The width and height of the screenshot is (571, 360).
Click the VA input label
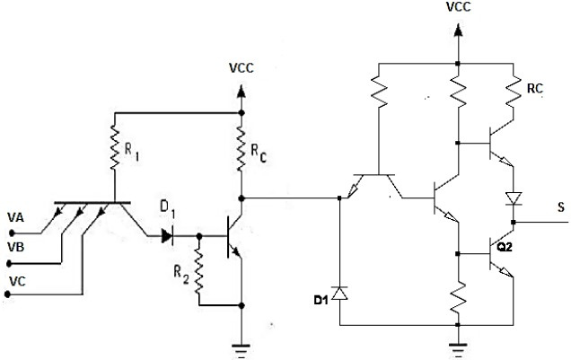(16, 218)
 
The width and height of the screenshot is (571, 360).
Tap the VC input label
(16, 281)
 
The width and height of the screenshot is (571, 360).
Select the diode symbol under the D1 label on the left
(168, 236)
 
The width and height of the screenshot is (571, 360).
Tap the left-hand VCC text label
(241, 67)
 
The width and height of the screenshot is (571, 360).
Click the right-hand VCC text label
(459, 8)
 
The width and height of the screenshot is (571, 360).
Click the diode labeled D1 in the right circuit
(339, 293)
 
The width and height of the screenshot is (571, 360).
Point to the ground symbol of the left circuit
(241, 349)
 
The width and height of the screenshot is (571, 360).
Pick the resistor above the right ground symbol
(459, 295)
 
